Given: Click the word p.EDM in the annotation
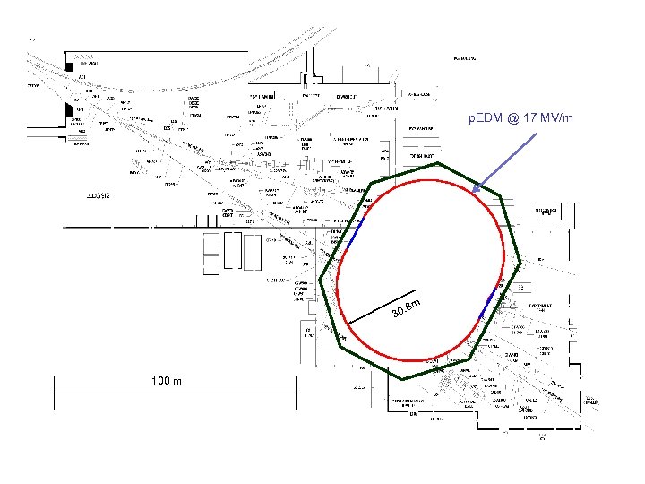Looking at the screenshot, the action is point(486,118).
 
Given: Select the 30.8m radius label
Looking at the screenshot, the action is point(407,307).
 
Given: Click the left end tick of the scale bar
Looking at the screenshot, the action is point(55,386).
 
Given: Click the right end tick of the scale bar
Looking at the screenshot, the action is point(296,386).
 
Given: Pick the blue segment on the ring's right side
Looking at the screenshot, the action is point(488,303).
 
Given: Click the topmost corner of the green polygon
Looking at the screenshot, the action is point(439,163).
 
